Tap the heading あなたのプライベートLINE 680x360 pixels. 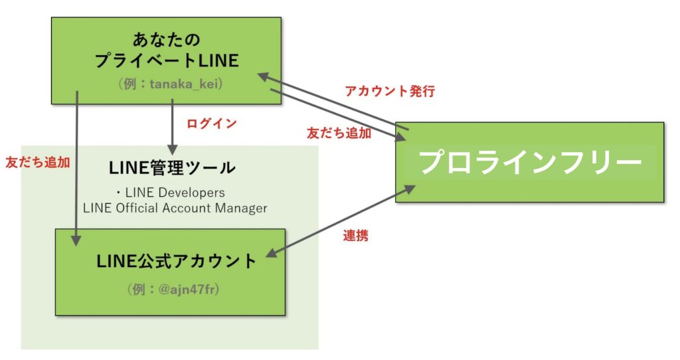coord(166,50)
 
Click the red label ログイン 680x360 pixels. coord(211,124)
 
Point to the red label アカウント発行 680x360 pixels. coord(390,92)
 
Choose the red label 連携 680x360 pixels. coord(355,235)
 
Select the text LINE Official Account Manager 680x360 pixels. coord(175,208)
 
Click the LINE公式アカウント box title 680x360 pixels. coord(176,261)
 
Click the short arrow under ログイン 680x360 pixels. coord(173,126)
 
